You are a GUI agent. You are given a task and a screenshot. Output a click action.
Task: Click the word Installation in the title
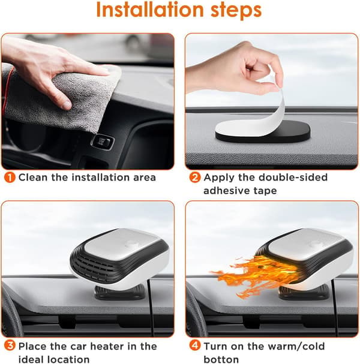[x=150, y=10]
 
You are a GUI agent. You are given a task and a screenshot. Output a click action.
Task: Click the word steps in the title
[x=236, y=11]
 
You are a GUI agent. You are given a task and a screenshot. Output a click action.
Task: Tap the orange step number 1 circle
[x=10, y=178]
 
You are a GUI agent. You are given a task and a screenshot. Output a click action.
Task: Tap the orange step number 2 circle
[x=194, y=178]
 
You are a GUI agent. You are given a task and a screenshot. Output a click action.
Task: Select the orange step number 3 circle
[x=10, y=345]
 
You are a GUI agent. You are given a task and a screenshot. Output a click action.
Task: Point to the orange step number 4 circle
[x=194, y=345]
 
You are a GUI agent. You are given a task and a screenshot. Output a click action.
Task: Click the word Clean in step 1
[x=33, y=178]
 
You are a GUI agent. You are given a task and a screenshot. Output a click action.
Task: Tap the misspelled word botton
[x=221, y=359]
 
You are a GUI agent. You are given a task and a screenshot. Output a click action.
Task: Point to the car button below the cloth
[x=103, y=142]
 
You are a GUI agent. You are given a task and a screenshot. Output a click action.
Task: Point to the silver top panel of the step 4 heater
[x=307, y=243]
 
